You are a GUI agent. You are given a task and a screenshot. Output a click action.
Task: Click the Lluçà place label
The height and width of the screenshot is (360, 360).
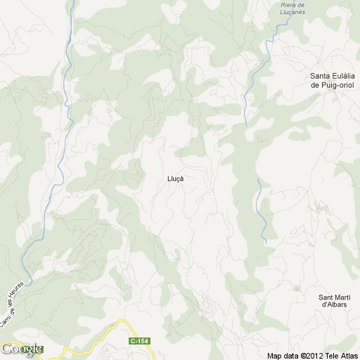coord(176,179)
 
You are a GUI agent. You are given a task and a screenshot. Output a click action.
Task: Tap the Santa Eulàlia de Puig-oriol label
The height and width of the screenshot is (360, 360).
coord(333,80)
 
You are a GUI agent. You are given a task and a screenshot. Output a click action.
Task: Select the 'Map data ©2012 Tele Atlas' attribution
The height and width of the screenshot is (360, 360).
coord(312,354)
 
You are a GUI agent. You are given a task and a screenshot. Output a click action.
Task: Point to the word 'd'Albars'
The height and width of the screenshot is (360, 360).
coord(334,304)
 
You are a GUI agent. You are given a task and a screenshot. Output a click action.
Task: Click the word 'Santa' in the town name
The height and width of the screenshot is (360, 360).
coord(321,76)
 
